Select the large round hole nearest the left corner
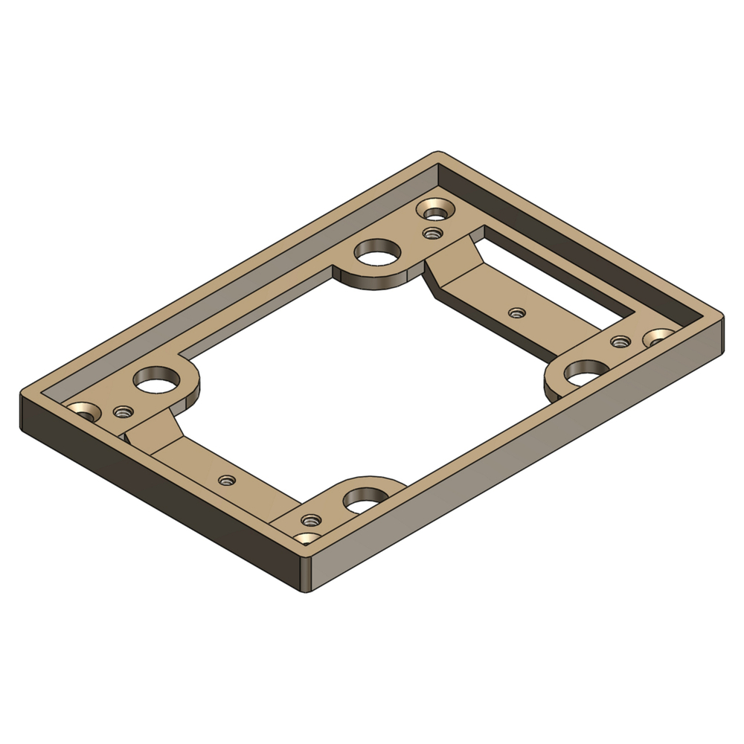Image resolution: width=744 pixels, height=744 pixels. (157, 380)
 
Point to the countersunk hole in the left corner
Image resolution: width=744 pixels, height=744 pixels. (83, 411)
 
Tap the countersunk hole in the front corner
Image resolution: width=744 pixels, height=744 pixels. (307, 539)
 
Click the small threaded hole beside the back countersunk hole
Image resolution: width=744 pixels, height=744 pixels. (430, 234)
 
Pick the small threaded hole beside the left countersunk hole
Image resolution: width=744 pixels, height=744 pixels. (122, 411)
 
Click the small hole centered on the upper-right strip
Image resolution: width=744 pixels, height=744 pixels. (515, 312)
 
